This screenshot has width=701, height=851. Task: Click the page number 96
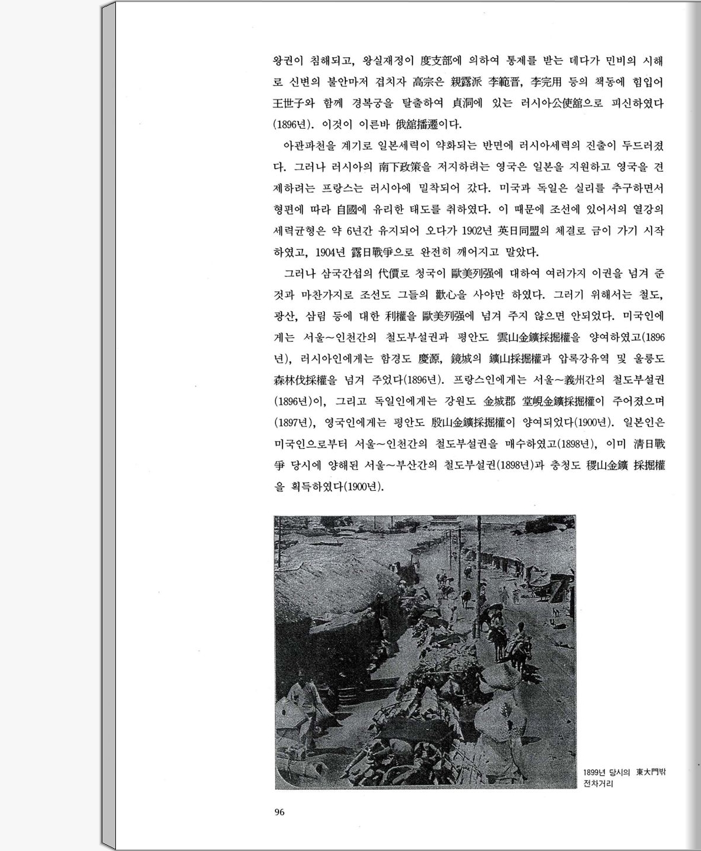pyautogui.click(x=279, y=812)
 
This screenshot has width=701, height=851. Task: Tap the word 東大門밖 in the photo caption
pyautogui.click(x=650, y=772)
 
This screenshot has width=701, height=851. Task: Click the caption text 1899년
pyautogui.click(x=594, y=772)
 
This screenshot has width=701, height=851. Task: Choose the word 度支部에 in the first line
pyautogui.click(x=441, y=61)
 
